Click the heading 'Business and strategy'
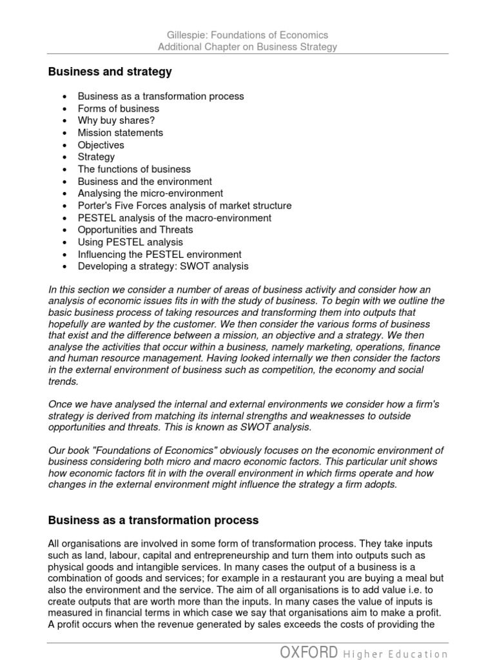[x=110, y=72]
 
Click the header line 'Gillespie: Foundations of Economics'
[x=247, y=35]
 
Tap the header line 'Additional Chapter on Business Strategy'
[x=247, y=47]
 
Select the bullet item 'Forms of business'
[x=118, y=108]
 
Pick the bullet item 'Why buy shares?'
[x=116, y=121]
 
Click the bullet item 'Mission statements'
[x=121, y=133]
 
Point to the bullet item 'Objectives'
[x=101, y=145]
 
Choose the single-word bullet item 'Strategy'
[x=96, y=157]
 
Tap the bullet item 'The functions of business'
[x=134, y=169]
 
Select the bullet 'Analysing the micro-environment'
[x=150, y=193]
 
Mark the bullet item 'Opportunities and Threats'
[x=135, y=229]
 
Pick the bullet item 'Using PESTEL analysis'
[x=130, y=242]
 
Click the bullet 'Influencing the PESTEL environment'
[x=159, y=254]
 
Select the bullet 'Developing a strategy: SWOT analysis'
[x=162, y=266]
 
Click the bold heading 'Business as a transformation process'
[x=153, y=520]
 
